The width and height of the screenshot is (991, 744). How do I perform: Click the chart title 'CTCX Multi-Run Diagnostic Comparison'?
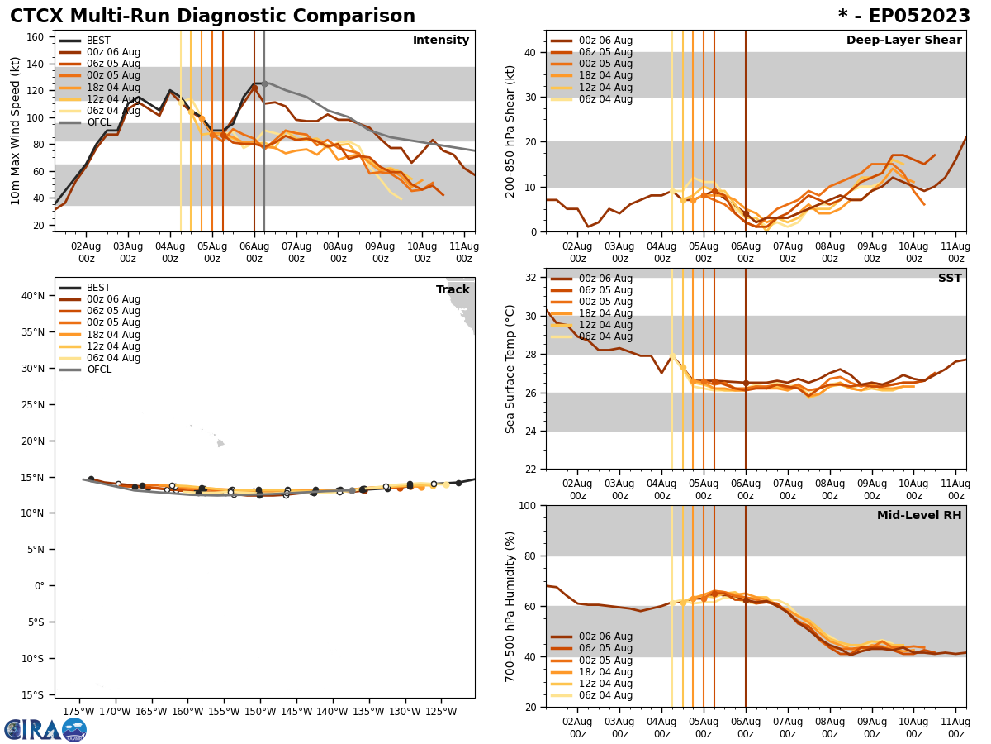(x=212, y=17)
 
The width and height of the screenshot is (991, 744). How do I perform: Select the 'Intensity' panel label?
(x=441, y=41)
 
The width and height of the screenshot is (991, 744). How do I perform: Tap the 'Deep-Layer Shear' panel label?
(x=903, y=41)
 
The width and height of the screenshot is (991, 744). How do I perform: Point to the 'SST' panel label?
(x=949, y=279)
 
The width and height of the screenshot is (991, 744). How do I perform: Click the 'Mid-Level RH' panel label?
(x=919, y=516)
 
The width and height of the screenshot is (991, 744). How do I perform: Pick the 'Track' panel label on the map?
(x=453, y=290)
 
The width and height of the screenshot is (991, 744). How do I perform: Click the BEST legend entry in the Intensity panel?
(x=98, y=41)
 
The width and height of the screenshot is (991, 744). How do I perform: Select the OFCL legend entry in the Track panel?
(x=98, y=370)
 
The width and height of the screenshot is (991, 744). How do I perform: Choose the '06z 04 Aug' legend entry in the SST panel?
(x=605, y=336)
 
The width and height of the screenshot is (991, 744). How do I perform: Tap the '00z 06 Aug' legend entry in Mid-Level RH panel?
(x=605, y=637)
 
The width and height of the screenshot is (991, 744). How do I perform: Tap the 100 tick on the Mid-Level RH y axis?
(x=528, y=505)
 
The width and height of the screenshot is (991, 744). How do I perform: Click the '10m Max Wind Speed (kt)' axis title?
(x=16, y=131)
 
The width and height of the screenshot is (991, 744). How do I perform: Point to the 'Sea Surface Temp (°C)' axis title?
(x=510, y=369)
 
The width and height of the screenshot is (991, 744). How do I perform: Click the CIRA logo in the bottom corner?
(x=45, y=729)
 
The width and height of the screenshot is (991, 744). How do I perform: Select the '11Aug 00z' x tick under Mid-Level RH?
(x=955, y=727)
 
